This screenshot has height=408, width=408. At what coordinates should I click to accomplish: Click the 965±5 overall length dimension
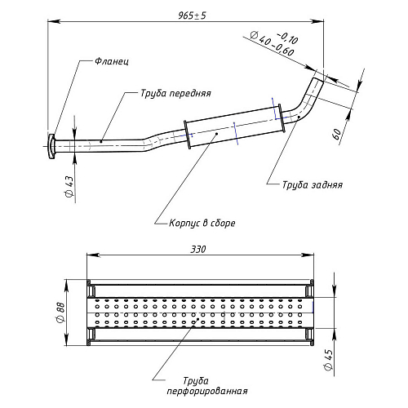tap(193, 16)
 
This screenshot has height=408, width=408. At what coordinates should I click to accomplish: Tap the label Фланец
tap(112, 61)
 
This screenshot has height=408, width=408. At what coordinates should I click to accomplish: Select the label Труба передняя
tap(175, 93)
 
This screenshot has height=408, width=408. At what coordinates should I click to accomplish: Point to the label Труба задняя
tap(313, 185)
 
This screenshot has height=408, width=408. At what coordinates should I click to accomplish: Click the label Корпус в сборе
tap(202, 223)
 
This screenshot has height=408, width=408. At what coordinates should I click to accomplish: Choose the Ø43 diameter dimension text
tap(69, 187)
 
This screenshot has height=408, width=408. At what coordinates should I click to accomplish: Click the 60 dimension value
tap(337, 134)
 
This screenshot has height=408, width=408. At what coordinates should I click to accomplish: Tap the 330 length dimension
tap(198, 249)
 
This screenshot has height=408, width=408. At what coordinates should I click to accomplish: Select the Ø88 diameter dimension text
tap(61, 313)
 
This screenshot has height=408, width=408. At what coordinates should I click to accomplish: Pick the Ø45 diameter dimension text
tap(329, 359)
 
